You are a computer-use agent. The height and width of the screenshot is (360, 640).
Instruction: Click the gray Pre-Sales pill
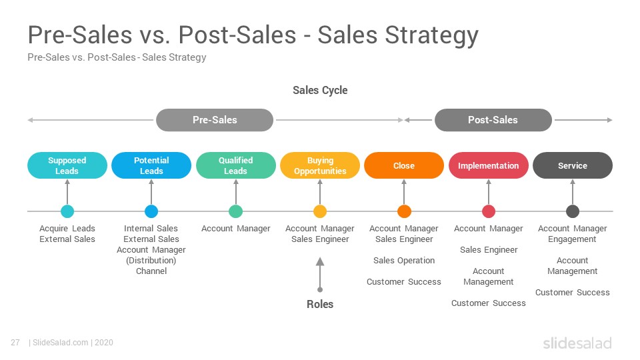[215, 120]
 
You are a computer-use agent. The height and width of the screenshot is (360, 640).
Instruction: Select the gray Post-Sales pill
[493, 120]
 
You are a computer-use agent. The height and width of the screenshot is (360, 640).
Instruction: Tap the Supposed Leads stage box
[67, 165]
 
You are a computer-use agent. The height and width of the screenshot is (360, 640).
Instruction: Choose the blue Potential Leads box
[151, 165]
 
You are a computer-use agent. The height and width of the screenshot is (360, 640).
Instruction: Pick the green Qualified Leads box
[235, 165]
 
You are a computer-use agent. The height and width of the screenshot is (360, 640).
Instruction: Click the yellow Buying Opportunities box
[320, 165]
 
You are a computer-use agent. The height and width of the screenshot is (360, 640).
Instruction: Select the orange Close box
[404, 165]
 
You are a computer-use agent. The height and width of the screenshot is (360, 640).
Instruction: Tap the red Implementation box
[489, 165]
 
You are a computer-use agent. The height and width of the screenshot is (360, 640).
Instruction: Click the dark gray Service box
[573, 165]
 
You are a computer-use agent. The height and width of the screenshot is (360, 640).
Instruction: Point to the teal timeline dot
[67, 211]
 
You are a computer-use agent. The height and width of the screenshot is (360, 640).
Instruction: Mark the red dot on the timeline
[489, 211]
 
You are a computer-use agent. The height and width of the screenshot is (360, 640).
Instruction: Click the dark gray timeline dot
[573, 211]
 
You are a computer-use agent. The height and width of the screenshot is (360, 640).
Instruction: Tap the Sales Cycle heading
[320, 90]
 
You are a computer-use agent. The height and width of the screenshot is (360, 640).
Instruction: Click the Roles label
[320, 304]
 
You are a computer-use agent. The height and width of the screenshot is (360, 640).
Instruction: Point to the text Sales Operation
[404, 261]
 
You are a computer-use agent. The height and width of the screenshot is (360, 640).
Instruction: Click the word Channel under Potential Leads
[151, 271]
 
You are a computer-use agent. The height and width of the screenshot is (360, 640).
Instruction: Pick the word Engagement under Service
[572, 239]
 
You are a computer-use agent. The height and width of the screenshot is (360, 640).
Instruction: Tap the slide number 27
[15, 343]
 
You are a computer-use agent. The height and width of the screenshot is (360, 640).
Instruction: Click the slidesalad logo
[577, 343]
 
